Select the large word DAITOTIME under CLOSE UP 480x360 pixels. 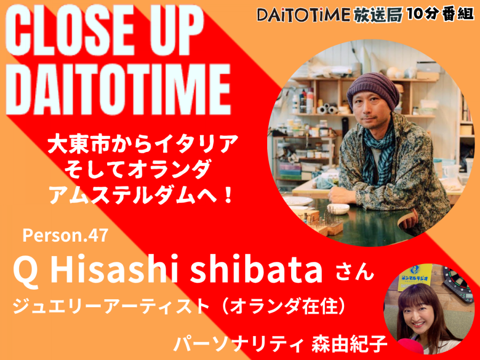[118, 89]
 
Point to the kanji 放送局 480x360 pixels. [378, 14]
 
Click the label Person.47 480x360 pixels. [65, 236]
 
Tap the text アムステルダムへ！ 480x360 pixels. [141, 195]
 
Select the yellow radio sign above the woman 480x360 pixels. [415, 277]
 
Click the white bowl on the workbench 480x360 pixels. [338, 209]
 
